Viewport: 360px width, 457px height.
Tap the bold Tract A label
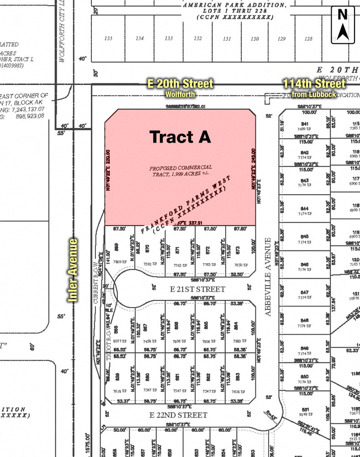pos(180,137)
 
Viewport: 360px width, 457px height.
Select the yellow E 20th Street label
pos(180,84)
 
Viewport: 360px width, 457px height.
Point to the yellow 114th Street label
pos(314,84)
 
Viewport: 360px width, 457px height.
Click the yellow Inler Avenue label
pos(73,270)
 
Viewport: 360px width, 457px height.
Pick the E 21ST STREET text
pos(191,289)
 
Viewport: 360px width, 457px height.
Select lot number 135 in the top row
pos(108,38)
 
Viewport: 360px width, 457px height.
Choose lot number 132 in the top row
pos(197,38)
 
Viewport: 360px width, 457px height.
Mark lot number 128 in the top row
pos(308,39)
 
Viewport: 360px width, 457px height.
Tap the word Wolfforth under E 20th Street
pos(180,94)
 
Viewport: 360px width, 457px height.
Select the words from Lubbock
pos(314,94)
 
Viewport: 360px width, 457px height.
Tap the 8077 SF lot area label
pos(120,341)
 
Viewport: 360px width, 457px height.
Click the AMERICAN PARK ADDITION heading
pos(235,5)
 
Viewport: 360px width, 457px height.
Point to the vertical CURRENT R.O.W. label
pos(96,283)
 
